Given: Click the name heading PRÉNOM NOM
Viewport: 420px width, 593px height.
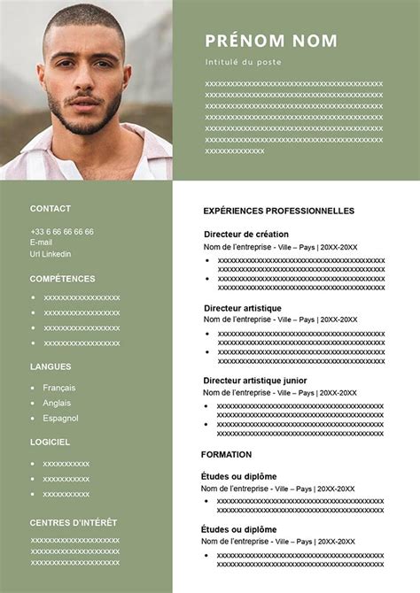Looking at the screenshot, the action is tap(271, 41).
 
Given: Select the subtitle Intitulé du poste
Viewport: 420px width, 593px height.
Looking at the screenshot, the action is tap(242, 63).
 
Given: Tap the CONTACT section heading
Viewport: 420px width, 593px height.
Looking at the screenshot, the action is tap(51, 209).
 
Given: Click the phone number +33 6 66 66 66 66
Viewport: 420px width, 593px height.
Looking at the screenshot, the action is tap(62, 231).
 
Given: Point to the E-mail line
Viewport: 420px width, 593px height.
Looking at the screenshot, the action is tap(42, 242).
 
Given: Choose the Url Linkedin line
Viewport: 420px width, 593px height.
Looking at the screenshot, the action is tap(51, 253).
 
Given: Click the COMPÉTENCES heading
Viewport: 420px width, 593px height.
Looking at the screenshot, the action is tap(62, 278).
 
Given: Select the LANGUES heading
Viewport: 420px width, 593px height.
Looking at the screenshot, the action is tap(51, 366).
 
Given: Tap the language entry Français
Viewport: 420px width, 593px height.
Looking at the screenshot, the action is tap(59, 388).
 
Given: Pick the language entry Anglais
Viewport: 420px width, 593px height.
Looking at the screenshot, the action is tap(57, 403).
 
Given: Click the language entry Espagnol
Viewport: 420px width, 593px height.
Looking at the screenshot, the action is tap(60, 418).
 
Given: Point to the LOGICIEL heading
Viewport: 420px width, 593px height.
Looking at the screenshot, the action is tap(50, 442).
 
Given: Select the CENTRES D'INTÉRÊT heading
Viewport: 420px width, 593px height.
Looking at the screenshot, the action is tap(74, 522).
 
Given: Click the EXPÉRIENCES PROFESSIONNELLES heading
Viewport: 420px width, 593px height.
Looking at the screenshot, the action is tap(278, 211).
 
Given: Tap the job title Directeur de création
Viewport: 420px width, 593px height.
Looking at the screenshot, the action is tap(246, 234).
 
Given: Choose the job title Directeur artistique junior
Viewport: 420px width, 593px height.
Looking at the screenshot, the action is tap(255, 381).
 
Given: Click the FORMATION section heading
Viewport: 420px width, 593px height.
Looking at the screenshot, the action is tap(227, 454).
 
